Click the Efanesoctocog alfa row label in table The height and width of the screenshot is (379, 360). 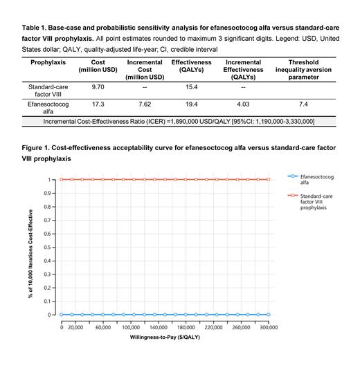click(x=48, y=107)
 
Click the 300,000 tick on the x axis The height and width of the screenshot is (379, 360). click(x=269, y=326)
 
